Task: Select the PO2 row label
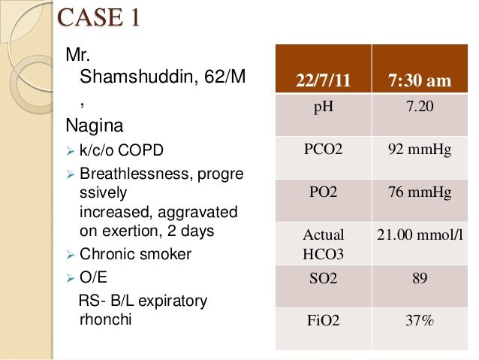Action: [x=323, y=193]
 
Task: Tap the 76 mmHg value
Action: [x=419, y=193]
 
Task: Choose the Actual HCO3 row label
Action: [x=323, y=245]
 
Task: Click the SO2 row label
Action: [x=323, y=279]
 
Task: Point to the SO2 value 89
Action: [x=419, y=279]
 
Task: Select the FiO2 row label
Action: [x=323, y=322]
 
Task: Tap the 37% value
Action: [x=419, y=322]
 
